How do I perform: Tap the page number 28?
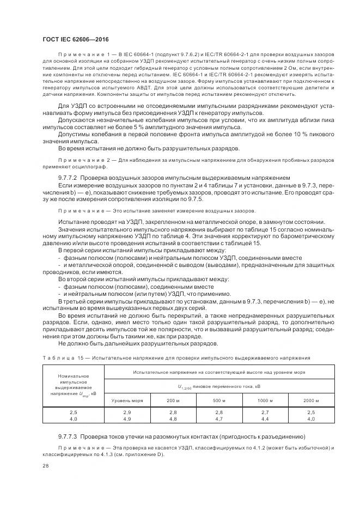[45, 465]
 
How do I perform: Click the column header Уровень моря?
[127, 400]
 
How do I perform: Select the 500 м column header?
[219, 400]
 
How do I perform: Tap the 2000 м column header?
[311, 400]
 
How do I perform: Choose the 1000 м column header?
[265, 400]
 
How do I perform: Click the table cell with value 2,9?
[127, 412]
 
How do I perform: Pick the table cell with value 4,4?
[265, 418]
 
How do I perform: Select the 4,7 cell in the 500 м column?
[219, 418]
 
